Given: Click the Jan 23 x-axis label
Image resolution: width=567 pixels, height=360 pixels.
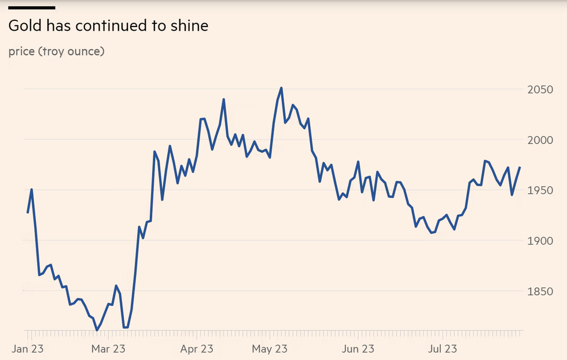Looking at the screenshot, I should (x=28, y=348).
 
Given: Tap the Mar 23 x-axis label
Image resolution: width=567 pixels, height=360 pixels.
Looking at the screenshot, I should (x=109, y=348).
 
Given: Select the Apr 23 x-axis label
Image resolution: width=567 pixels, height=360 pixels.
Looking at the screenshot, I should (x=197, y=348).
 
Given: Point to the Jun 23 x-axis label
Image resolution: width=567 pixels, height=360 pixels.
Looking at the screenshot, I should (x=358, y=348).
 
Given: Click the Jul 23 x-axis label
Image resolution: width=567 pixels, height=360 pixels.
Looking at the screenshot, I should (x=442, y=348).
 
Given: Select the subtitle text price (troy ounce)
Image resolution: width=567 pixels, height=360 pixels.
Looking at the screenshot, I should (x=56, y=52).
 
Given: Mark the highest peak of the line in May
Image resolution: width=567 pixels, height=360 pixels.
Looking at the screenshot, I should (x=281, y=88).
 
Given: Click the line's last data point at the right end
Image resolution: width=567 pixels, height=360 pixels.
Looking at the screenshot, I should (x=520, y=167).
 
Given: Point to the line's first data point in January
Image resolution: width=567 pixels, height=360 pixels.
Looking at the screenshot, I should (x=27, y=212).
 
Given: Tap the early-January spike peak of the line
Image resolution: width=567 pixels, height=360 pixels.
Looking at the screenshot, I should (x=31, y=189).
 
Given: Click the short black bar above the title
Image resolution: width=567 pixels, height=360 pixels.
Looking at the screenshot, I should (x=32, y=8).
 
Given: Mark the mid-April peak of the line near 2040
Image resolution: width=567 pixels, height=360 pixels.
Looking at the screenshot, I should (x=223, y=100).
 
